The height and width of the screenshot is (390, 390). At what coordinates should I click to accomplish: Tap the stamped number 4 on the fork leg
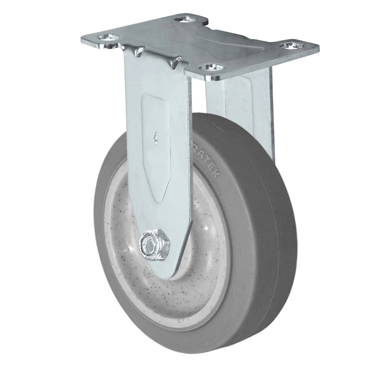click(x=156, y=138)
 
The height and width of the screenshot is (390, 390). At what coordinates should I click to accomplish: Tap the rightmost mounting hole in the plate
click(x=291, y=46)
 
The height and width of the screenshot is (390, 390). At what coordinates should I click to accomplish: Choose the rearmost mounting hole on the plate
click(x=184, y=18)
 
